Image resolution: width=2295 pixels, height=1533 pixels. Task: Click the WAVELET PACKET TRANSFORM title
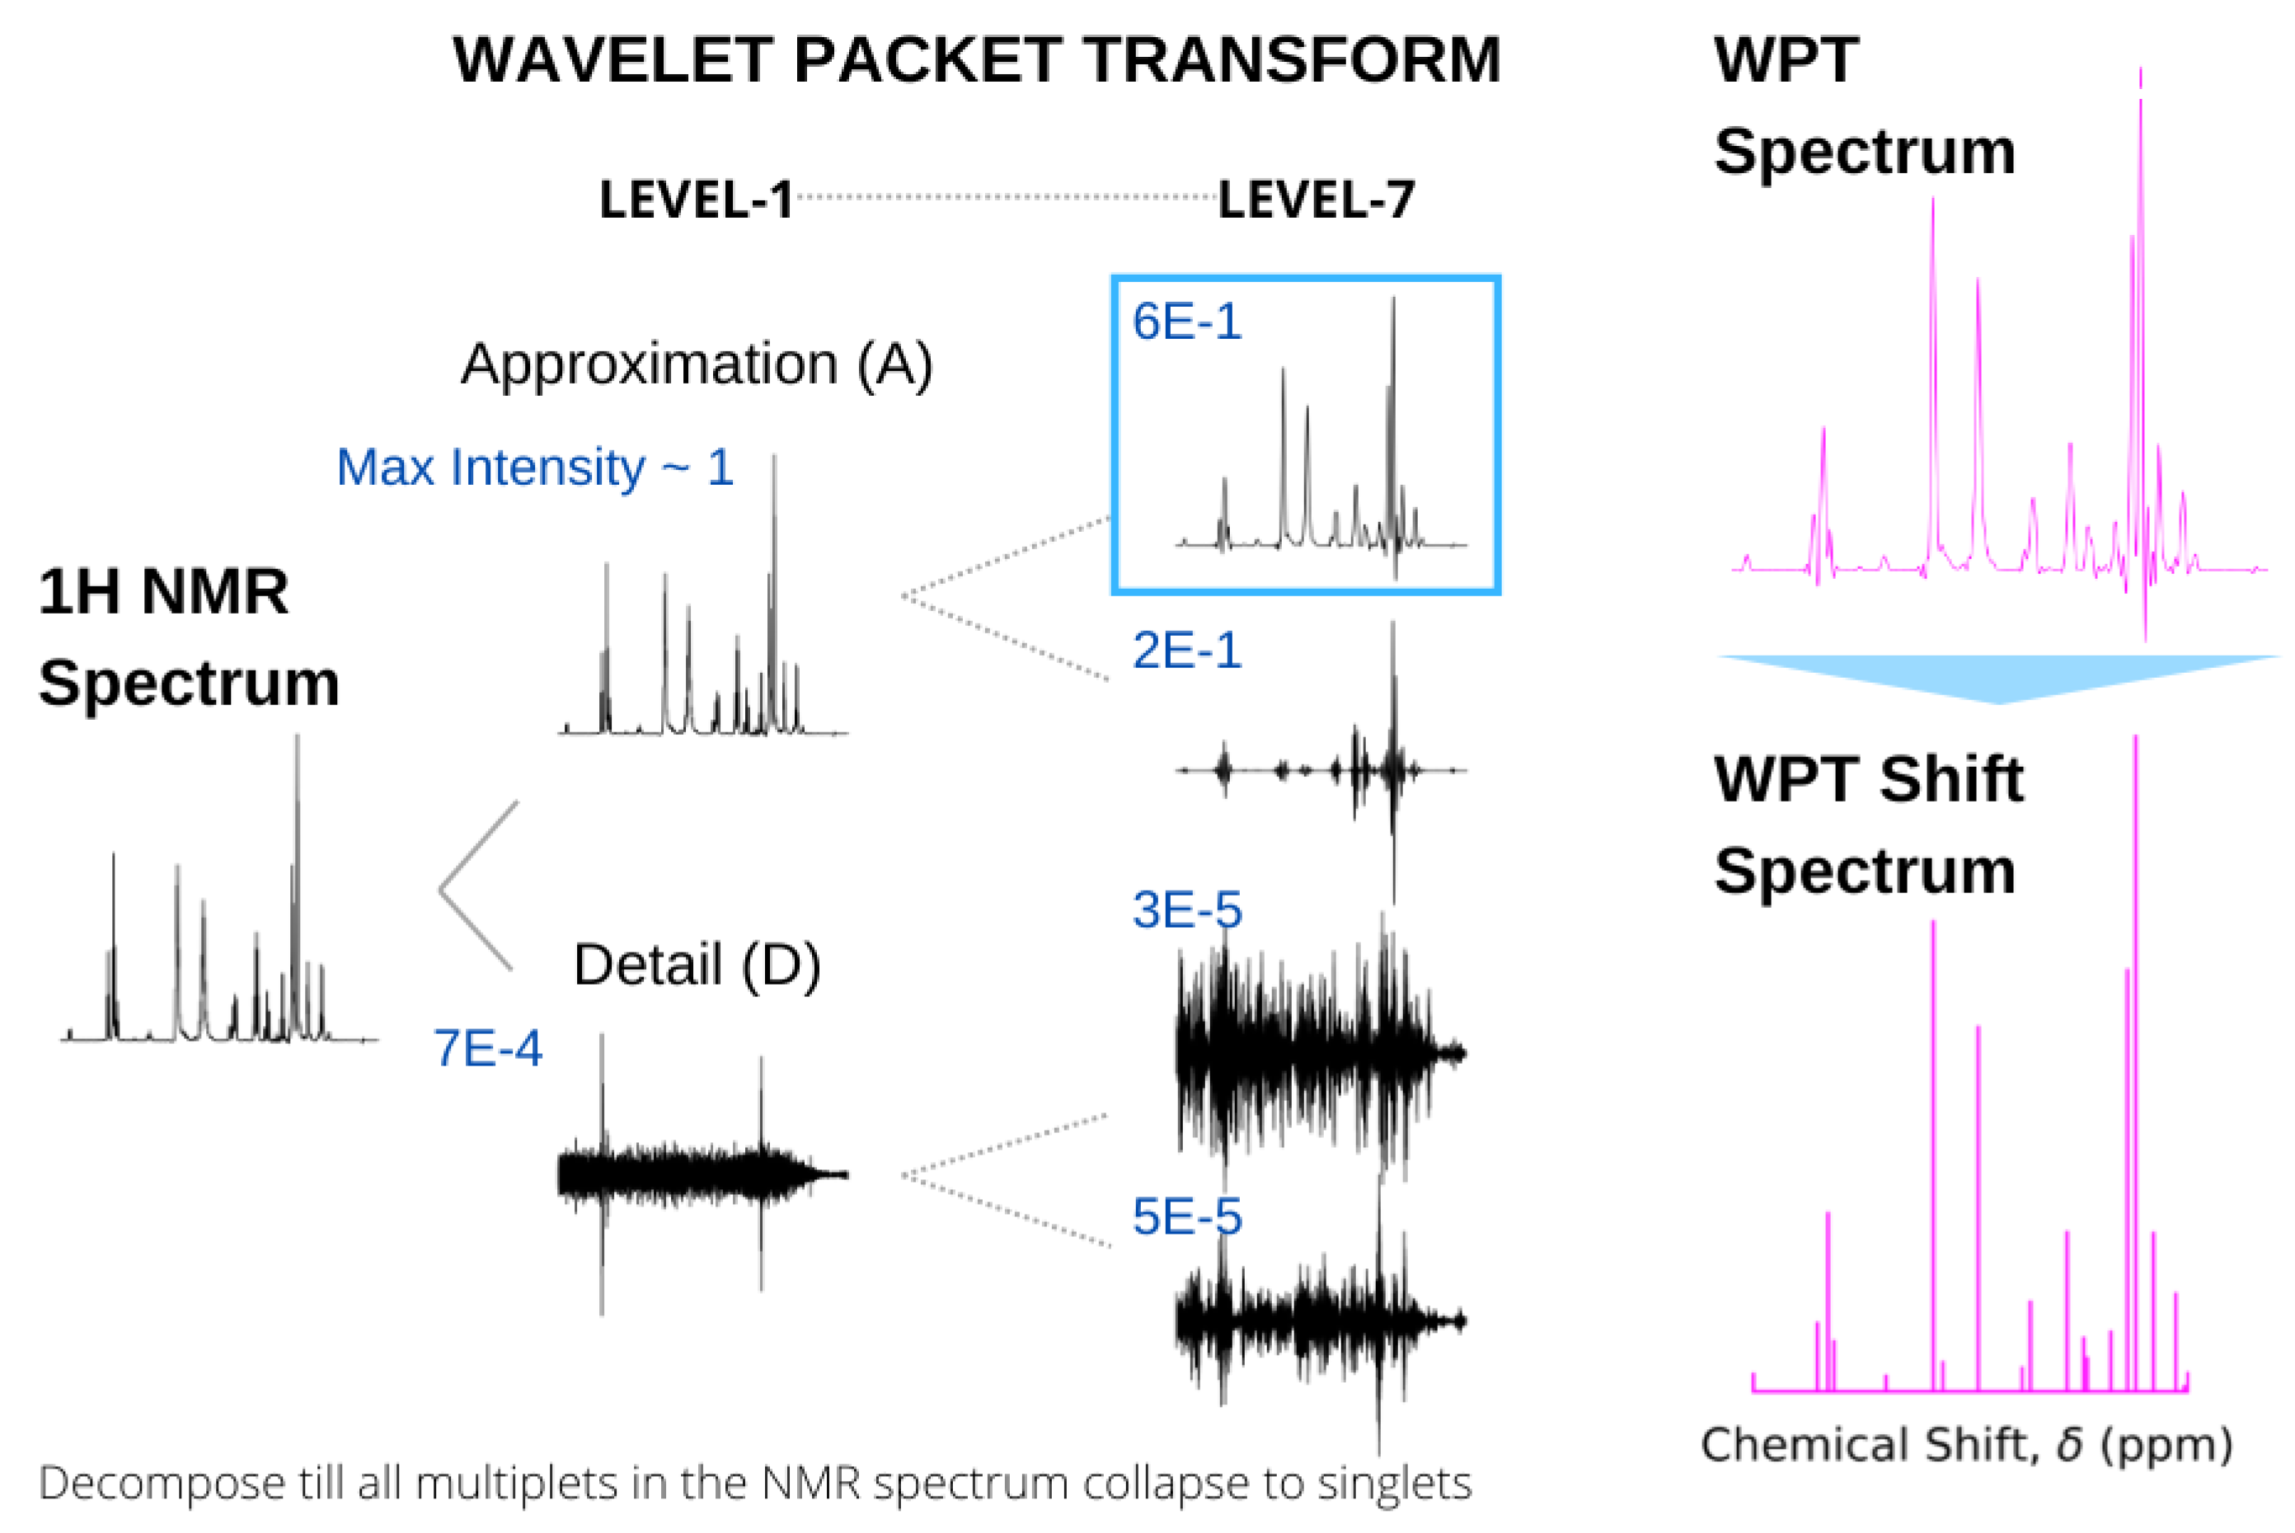975,61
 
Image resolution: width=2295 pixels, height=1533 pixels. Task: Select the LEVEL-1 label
696,200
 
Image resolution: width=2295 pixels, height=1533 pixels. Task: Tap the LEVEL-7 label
1316,200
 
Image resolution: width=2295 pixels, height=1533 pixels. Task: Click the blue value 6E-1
1186,322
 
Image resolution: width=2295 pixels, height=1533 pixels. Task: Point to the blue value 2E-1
1186,650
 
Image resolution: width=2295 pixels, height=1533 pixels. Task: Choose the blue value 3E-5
1186,910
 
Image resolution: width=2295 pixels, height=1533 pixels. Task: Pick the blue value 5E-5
1186,1217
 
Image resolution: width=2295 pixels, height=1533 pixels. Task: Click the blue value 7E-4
486,1048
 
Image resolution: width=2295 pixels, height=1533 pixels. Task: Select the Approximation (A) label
696,364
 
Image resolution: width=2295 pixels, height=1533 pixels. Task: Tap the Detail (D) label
696,965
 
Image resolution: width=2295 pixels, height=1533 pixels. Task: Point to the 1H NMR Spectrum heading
188,637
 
